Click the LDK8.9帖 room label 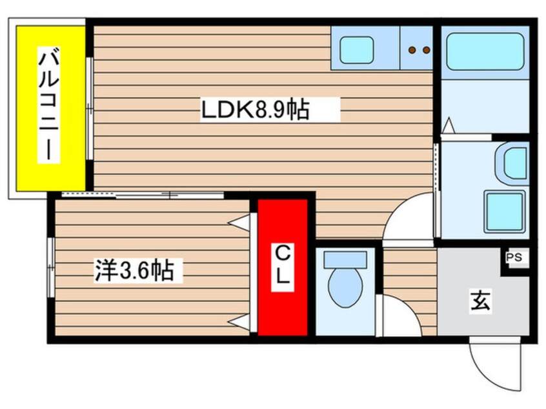[254, 110]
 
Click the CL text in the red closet [282, 266]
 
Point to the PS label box [514, 258]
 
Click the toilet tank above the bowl [345, 260]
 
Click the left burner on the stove [411, 49]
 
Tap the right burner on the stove [425, 49]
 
